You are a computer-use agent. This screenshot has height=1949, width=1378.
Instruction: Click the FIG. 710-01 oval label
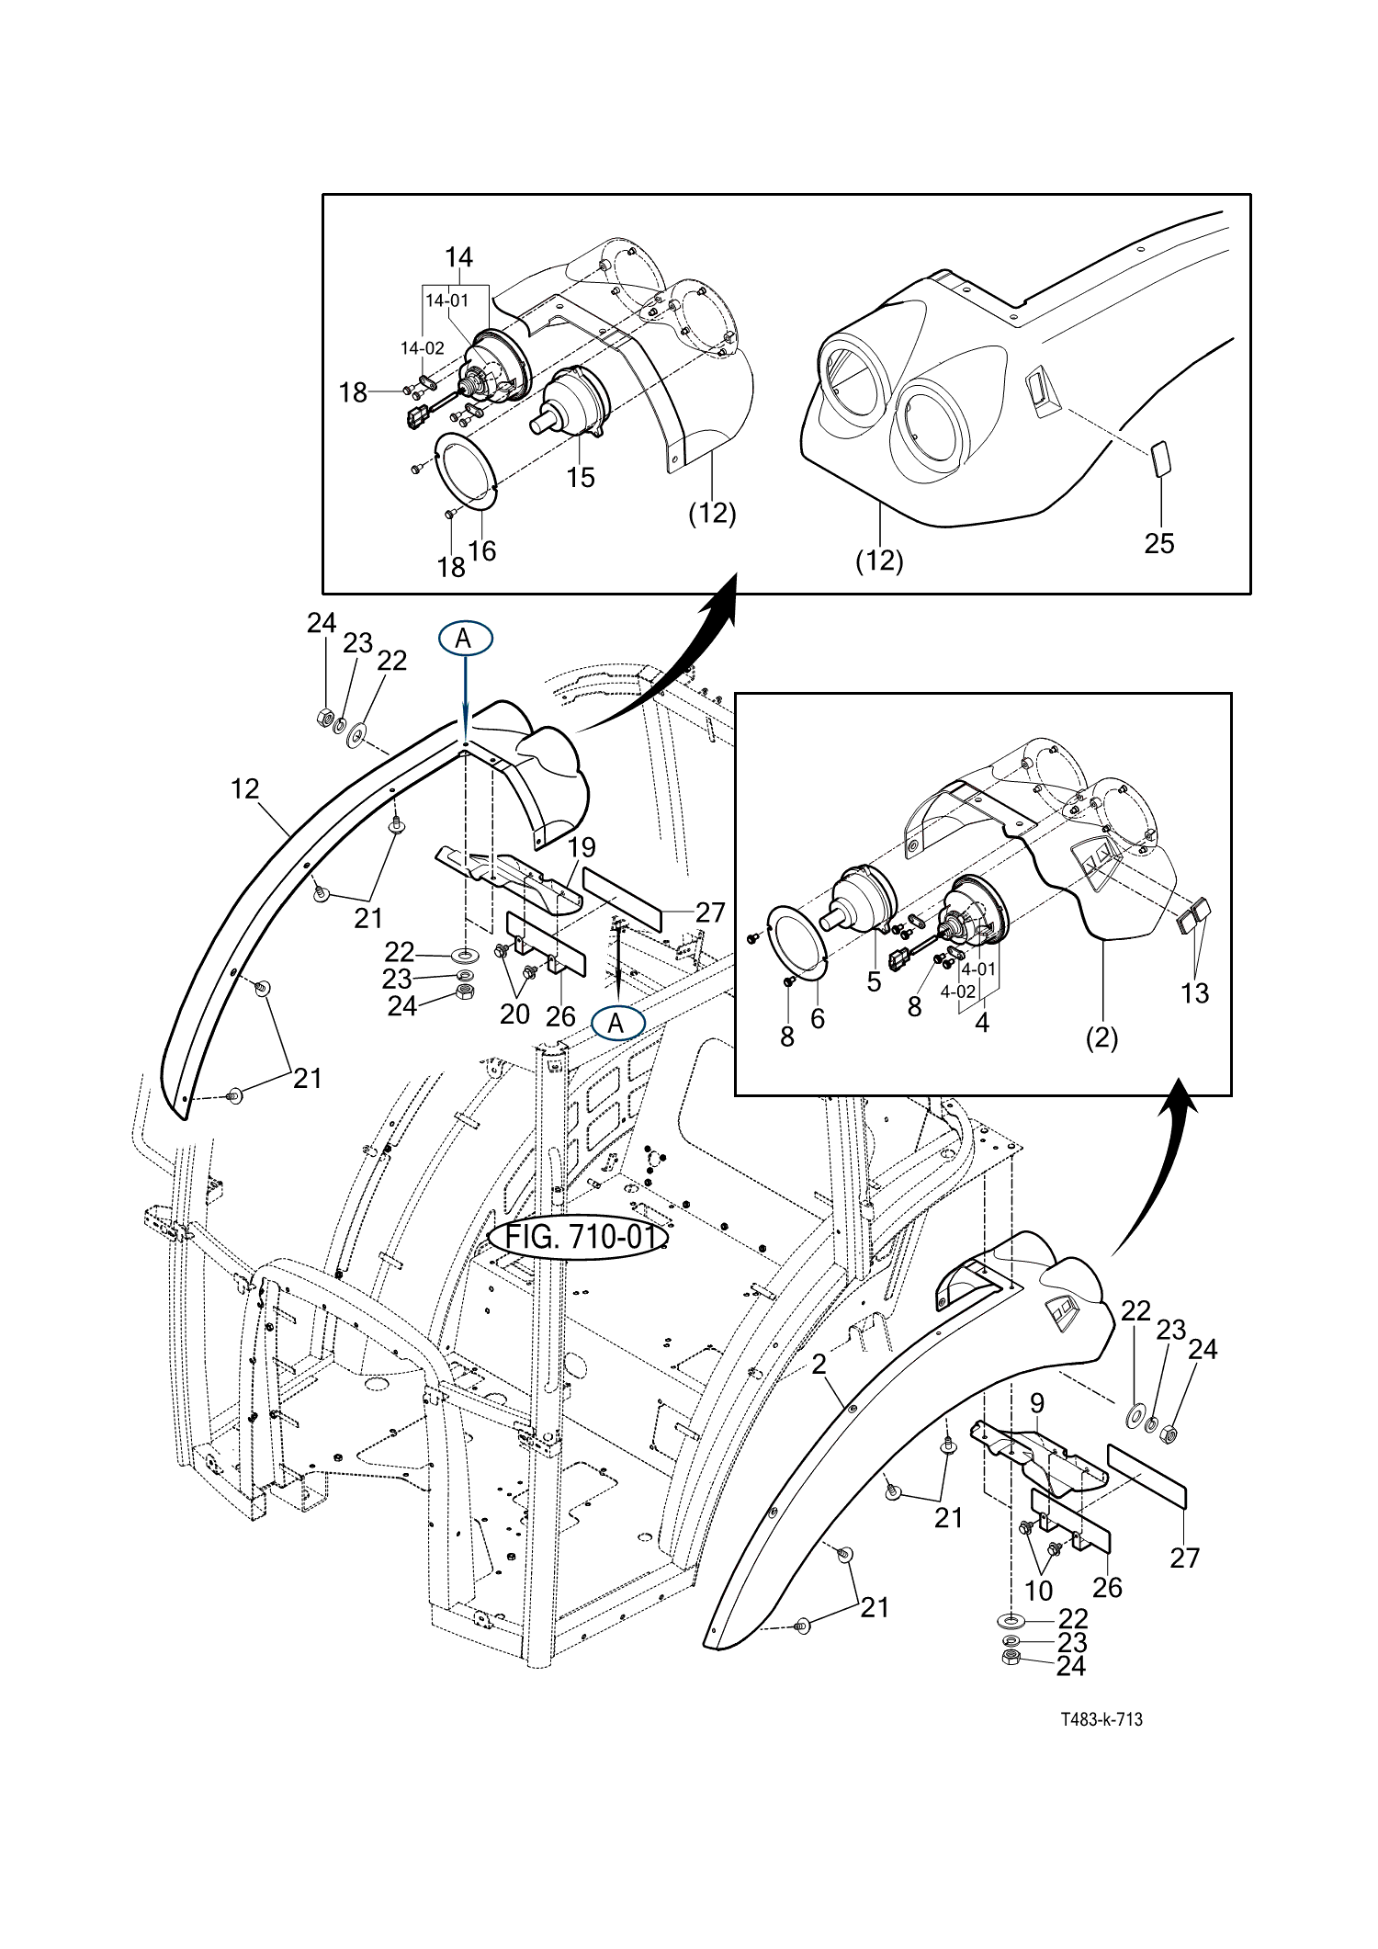point(577,1238)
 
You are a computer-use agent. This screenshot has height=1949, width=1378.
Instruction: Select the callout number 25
point(1159,543)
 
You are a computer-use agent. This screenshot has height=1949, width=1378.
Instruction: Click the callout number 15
point(581,477)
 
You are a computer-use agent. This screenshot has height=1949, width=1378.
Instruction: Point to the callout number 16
point(482,550)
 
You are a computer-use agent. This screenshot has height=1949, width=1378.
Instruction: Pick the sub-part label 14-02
point(423,348)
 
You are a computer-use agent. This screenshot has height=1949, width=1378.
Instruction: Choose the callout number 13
point(1194,992)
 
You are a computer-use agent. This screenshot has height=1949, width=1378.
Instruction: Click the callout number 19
point(582,846)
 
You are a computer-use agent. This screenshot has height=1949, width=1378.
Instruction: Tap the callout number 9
point(1037,1403)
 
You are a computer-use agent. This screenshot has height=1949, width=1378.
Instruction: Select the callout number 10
point(1038,1591)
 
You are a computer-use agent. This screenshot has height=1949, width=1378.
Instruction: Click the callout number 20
point(514,1014)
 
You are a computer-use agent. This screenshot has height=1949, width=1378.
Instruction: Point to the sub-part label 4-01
point(978,969)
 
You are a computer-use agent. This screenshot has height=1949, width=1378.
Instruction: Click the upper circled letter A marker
point(465,638)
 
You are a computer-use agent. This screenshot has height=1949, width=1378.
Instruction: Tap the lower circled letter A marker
point(617,1022)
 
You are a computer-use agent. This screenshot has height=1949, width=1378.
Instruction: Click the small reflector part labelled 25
point(1160,459)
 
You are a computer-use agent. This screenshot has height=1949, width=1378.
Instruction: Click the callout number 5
point(874,982)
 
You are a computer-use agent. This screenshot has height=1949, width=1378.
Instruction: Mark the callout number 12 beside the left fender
point(245,788)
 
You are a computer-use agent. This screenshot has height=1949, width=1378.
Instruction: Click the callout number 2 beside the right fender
point(819,1365)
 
